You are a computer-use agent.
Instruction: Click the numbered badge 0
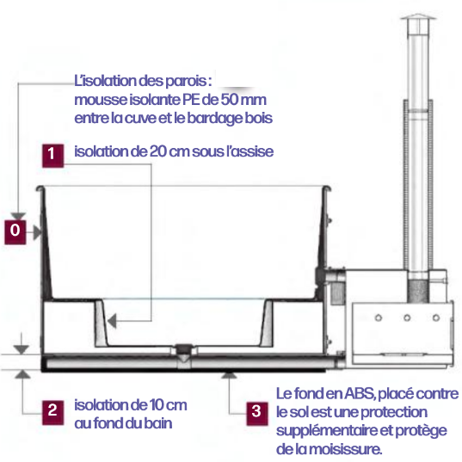coord(15,232)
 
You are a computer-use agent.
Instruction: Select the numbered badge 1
coord(52,156)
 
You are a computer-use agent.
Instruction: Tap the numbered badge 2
coord(52,412)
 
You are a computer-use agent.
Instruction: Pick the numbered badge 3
coord(257,414)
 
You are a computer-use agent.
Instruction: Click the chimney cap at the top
coord(418,16)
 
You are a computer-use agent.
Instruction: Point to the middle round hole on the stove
coord(407,318)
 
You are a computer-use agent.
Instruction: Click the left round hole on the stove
coord(379,318)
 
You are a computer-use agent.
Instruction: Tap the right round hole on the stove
coord(436,318)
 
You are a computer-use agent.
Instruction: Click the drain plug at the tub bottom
coord(184,348)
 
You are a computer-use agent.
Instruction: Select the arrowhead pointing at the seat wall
coord(112,321)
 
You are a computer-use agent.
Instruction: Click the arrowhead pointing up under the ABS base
coord(229,375)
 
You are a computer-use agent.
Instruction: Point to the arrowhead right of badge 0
coord(37,232)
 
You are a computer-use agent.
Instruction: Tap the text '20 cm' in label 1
coord(169,151)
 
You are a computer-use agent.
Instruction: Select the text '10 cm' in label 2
coord(168,405)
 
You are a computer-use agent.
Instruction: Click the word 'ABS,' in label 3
coord(360,394)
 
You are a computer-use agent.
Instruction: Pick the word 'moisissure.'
coord(346,449)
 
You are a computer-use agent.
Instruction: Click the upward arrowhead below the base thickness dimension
coord(22,374)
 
